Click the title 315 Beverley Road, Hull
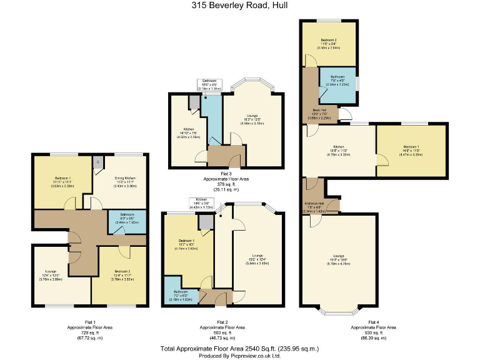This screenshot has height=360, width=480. (x=239, y=5)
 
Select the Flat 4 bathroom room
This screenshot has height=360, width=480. (x=337, y=84)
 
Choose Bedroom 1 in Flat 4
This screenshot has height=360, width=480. (x=411, y=150)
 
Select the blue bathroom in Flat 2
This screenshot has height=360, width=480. (x=181, y=295)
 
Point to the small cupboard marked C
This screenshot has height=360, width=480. (x=97, y=161)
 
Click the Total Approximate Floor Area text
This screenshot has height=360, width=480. (x=240, y=348)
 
